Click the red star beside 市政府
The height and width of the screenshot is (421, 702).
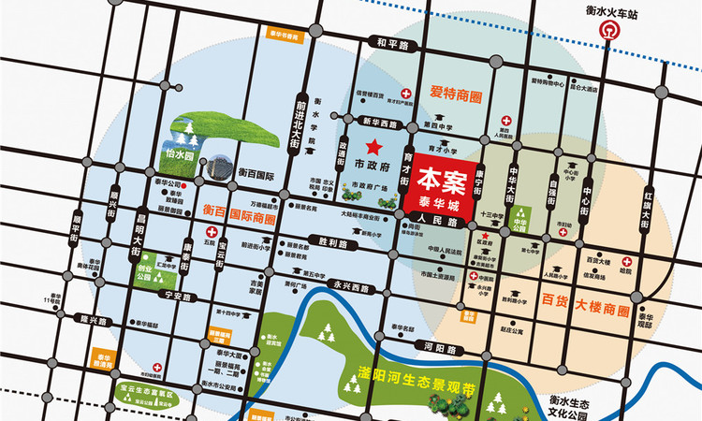click(374, 147)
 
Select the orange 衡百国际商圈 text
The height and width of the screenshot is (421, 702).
click(240, 218)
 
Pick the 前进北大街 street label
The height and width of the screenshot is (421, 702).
click(301, 109)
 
